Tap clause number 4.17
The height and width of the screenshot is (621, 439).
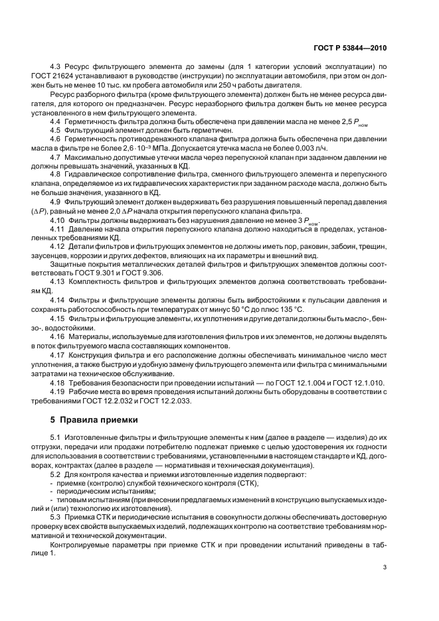click(58, 356)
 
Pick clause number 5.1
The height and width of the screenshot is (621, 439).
click(56, 438)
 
